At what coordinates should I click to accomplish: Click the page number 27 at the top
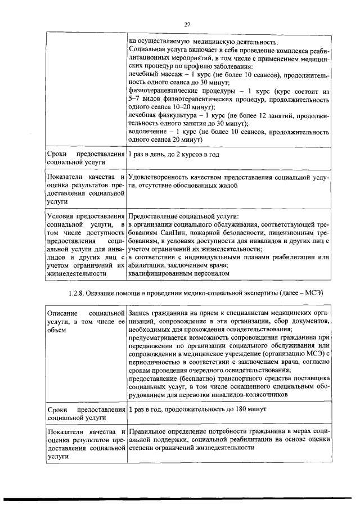(188, 24)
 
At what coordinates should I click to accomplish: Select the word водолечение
(148, 132)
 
